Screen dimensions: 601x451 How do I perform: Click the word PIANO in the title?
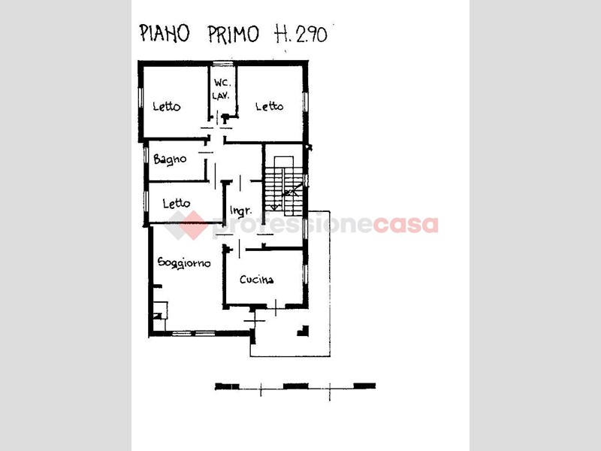(x=164, y=33)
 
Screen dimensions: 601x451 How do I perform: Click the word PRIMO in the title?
(x=234, y=34)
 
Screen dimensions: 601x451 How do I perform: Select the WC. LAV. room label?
(x=222, y=89)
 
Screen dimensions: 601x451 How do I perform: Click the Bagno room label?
(x=170, y=159)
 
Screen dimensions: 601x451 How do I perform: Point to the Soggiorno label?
(x=184, y=263)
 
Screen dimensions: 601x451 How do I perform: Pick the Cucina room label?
(x=256, y=280)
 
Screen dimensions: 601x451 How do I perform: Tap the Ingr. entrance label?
(x=241, y=210)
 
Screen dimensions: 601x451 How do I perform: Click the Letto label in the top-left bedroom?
(x=166, y=106)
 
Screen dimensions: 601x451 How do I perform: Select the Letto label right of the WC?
(x=270, y=106)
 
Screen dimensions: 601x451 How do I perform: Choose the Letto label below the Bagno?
(x=176, y=203)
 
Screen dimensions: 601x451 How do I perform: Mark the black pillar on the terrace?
(x=304, y=331)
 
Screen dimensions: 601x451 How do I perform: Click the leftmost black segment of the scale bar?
(x=228, y=386)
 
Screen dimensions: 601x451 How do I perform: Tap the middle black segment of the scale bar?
(x=295, y=386)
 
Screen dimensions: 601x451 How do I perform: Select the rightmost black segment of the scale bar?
(x=364, y=386)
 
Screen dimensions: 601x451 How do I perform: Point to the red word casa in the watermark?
(x=406, y=225)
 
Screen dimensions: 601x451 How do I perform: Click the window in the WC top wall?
(x=222, y=63)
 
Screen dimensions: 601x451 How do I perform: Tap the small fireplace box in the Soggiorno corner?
(x=160, y=310)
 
